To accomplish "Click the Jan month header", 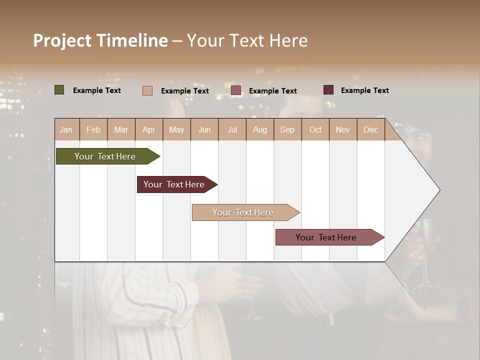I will [x=66, y=129].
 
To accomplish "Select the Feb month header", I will [x=93, y=129].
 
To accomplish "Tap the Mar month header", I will [x=121, y=129].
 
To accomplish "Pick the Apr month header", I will [x=149, y=129].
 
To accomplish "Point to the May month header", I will [x=176, y=129].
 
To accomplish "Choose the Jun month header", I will [x=204, y=129].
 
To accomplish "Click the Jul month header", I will [x=232, y=129].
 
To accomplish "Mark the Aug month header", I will [x=260, y=129].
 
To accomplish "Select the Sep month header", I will [x=287, y=129].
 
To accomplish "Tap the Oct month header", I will [x=315, y=129].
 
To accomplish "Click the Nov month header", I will [x=343, y=129].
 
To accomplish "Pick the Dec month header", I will [x=371, y=129].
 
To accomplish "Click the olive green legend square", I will [x=59, y=90].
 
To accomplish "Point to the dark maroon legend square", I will [x=328, y=90].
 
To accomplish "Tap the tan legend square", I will [x=147, y=90].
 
